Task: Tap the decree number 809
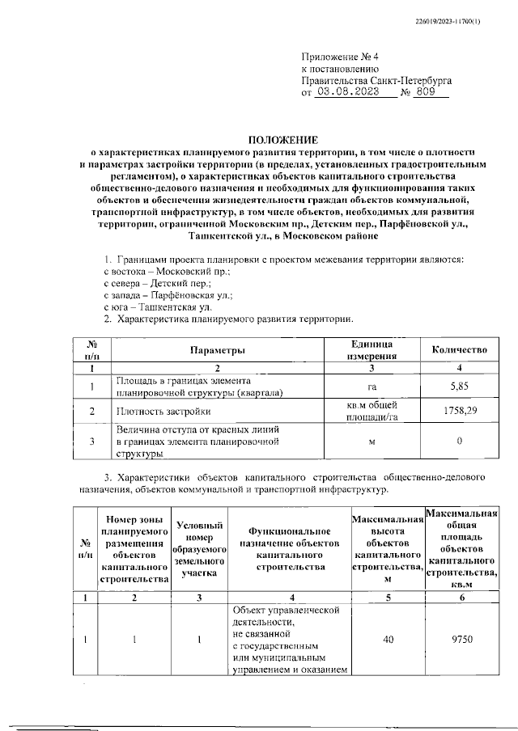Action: click(426, 93)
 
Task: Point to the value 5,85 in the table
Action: click(459, 387)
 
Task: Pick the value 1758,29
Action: click(460, 412)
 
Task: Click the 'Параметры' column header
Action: click(217, 350)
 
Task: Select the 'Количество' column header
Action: click(460, 350)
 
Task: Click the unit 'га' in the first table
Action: click(372, 387)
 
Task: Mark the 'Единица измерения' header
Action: click(372, 350)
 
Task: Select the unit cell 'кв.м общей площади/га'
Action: click(372, 411)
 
